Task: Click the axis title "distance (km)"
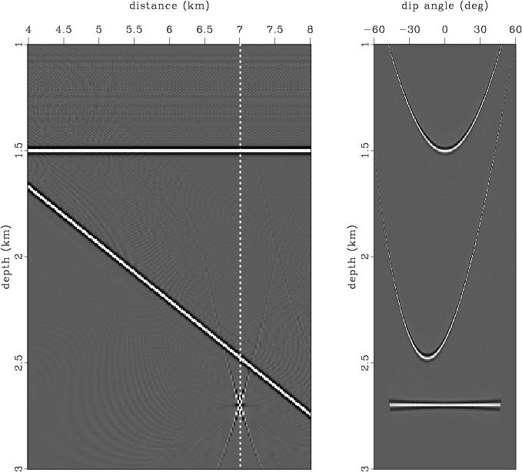169,7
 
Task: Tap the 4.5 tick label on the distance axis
63,29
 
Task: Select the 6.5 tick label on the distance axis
204,29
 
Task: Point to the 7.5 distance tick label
275,29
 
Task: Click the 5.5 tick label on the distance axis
134,29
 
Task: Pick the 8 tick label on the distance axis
311,29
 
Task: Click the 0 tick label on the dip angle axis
444,29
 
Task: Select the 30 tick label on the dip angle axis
480,29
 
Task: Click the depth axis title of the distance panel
6,255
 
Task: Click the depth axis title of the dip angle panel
351,255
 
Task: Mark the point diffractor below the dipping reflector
240,404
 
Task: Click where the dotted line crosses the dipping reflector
240,359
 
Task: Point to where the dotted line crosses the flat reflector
240,150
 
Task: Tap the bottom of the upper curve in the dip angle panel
444,149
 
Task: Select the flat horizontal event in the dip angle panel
444,404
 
